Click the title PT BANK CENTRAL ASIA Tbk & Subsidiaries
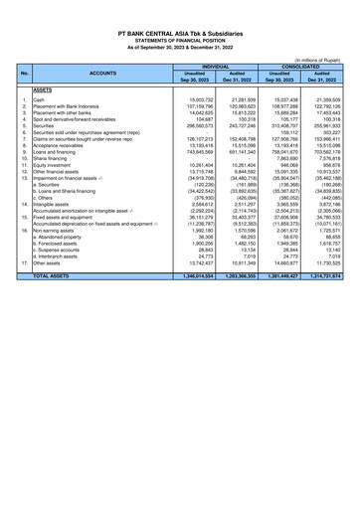[x=180, y=33]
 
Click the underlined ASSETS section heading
[x=44, y=88]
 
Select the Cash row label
[x=39, y=99]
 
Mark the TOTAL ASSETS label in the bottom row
[x=63, y=300]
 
